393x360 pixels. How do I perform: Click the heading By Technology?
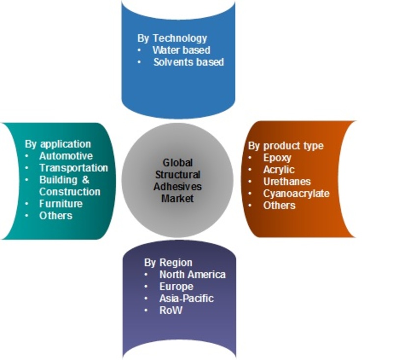[172, 38]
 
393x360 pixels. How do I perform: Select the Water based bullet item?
[181, 50]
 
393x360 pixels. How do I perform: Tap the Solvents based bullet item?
[189, 62]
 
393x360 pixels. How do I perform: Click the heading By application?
[58, 144]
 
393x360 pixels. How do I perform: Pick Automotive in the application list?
[66, 156]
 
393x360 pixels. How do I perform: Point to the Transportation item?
[74, 168]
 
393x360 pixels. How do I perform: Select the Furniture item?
[61, 204]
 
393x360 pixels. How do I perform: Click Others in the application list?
[56, 215]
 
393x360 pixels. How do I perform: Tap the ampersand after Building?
[85, 180]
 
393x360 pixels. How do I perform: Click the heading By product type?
[286, 146]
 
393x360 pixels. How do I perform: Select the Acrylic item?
[279, 170]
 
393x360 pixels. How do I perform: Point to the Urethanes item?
[287, 181]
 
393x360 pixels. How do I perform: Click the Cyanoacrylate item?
[296, 193]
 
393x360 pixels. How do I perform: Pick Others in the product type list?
[279, 206]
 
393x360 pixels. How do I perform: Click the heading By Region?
[168, 263]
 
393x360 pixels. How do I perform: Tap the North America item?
[193, 274]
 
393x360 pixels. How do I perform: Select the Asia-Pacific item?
[187, 299]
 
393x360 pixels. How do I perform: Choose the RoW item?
[170, 310]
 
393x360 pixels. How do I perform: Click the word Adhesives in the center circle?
[177, 187]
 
